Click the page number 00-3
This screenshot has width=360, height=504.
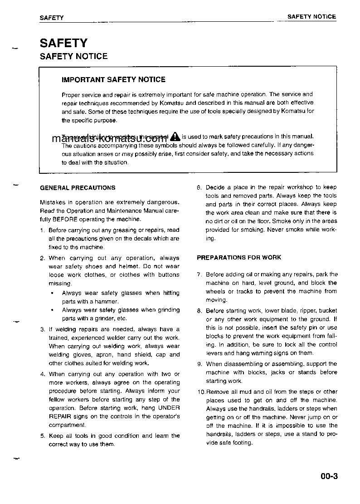(x=329, y=476)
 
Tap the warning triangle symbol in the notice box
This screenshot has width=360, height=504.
(x=175, y=136)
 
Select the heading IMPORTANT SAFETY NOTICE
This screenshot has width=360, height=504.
(x=113, y=79)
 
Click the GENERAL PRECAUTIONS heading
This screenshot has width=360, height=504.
(x=78, y=187)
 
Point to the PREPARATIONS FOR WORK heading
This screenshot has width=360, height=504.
(x=239, y=257)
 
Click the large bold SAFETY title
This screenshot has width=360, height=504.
(x=63, y=43)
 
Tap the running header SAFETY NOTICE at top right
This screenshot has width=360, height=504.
(x=311, y=17)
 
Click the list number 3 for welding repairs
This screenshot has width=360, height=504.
(x=42, y=329)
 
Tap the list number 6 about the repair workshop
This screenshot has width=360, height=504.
(x=199, y=187)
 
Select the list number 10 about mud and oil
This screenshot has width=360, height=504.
(x=201, y=391)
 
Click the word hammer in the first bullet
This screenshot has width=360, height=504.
(x=107, y=301)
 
